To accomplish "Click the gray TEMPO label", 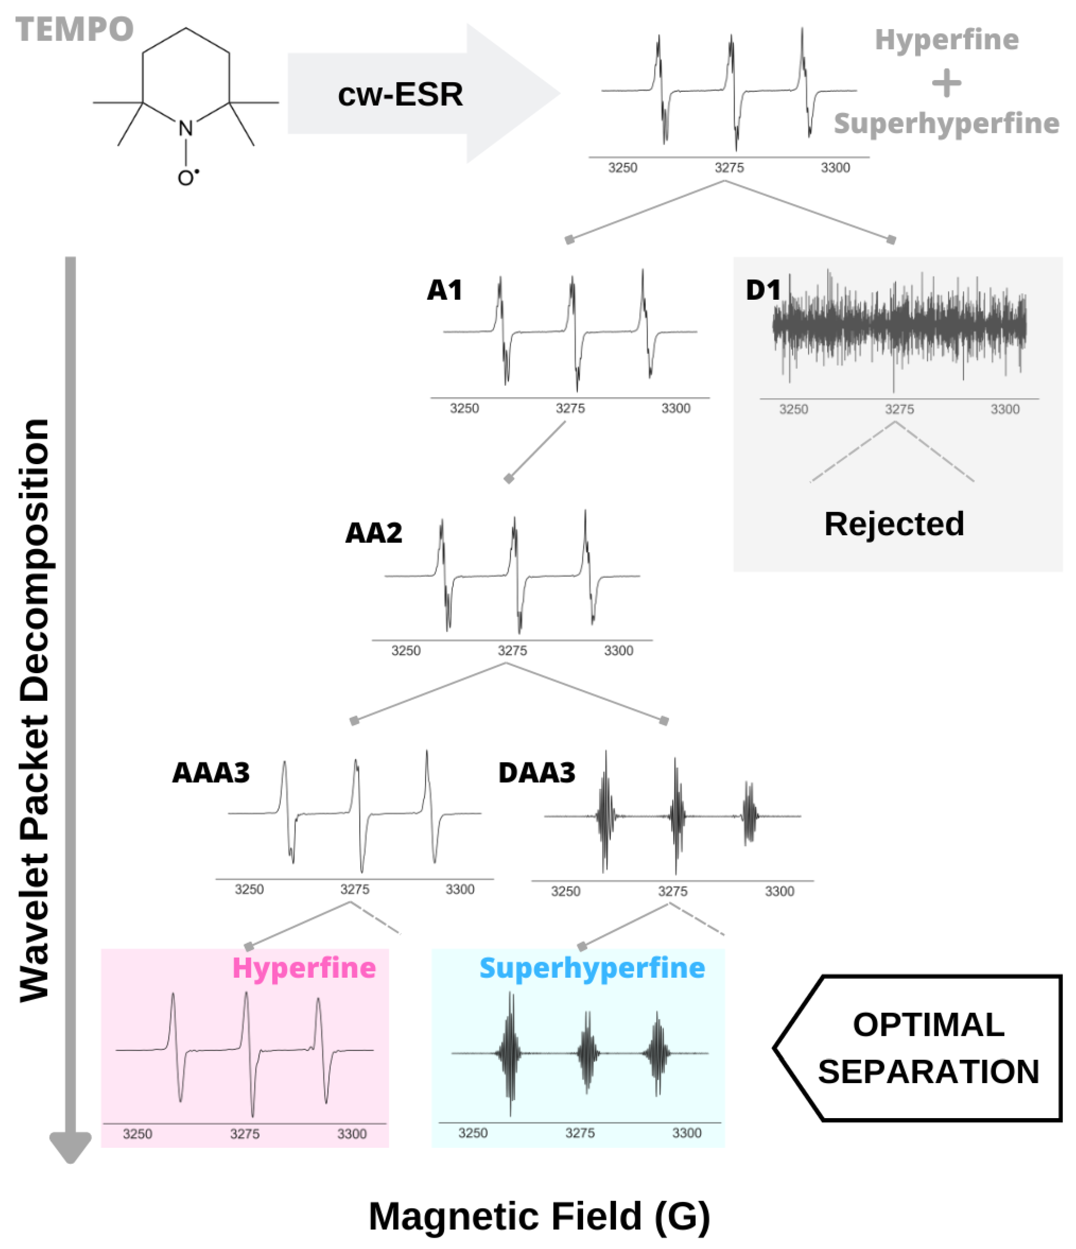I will [74, 29].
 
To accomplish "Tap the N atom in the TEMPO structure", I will [186, 128].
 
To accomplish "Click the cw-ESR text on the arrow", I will [400, 95].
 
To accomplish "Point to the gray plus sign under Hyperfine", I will [946, 83].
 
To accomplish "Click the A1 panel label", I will [444, 290].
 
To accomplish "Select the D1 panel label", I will [763, 290].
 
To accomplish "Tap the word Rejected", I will [894, 524].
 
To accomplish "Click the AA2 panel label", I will [373, 533].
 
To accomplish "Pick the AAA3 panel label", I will [210, 773].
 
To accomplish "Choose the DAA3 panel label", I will [536, 773].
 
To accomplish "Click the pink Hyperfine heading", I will [304, 968].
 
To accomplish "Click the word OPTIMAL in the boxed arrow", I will [928, 1025].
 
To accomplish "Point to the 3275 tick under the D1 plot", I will [899, 409].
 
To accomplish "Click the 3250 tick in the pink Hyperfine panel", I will [137, 1134].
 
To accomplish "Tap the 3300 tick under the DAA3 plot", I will [779, 891].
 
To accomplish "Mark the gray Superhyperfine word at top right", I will [946, 123].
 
